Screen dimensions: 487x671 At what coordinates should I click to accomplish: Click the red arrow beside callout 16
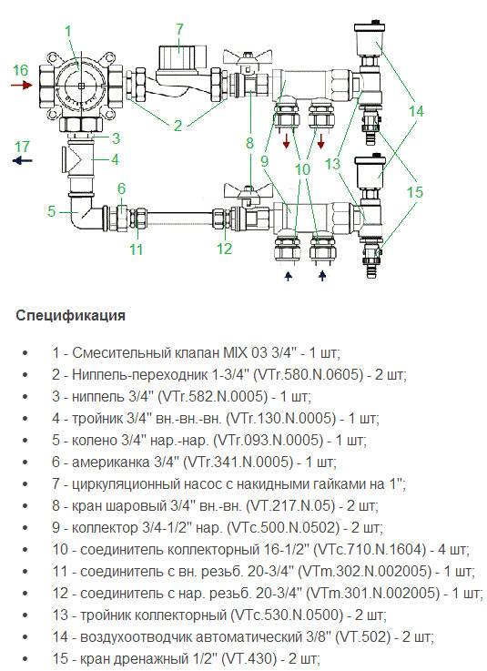[22, 86]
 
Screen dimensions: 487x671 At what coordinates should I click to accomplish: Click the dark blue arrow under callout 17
[22, 161]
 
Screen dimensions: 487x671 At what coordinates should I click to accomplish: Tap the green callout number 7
[179, 29]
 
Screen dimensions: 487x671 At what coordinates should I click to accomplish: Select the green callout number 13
[332, 164]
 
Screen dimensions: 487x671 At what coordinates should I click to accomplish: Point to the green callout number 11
[136, 249]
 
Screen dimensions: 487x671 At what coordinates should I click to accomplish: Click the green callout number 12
[224, 249]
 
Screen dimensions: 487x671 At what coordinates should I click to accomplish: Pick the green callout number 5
[52, 211]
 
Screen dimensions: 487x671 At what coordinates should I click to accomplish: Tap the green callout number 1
[68, 32]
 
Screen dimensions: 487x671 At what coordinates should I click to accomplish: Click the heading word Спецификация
[71, 316]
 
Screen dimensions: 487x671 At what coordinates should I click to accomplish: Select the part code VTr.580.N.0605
[308, 375]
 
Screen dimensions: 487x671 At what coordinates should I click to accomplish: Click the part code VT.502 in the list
[363, 636]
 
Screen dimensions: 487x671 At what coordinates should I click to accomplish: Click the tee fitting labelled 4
[79, 159]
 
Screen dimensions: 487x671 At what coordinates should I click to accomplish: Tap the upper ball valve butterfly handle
[247, 57]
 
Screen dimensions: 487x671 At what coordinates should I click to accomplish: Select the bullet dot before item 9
[25, 528]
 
